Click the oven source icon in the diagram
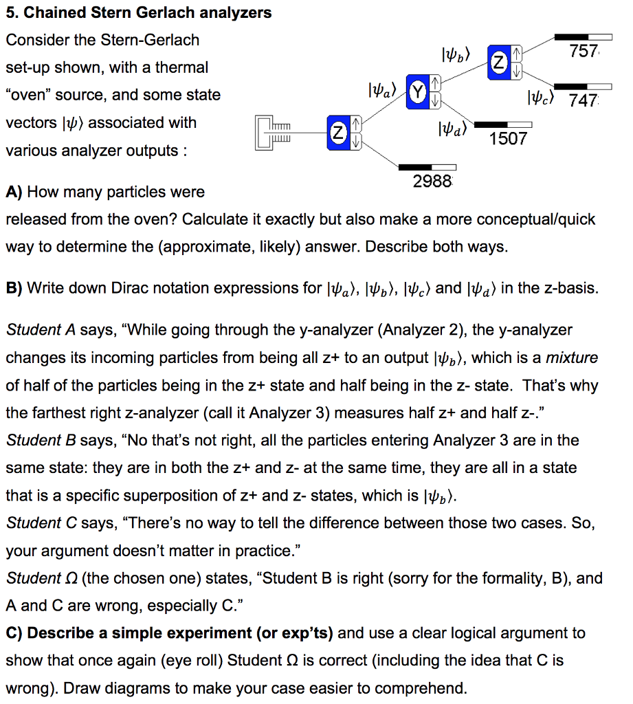click(274, 133)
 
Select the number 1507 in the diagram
click(508, 139)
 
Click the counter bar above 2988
click(427, 166)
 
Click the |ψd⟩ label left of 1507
click(452, 128)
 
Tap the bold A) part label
click(14, 192)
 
